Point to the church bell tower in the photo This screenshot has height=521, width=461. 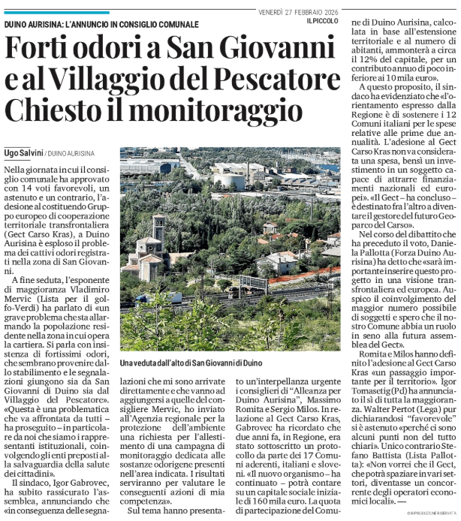(x=159, y=233)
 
